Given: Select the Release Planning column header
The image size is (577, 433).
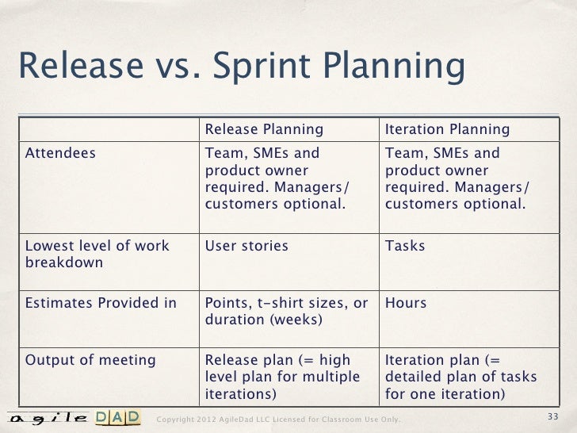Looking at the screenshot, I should (264, 129).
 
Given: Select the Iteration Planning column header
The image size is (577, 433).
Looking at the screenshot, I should (447, 129).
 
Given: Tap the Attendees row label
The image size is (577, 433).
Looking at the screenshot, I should (61, 153).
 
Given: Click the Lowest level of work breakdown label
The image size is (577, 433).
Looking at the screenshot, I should (97, 254).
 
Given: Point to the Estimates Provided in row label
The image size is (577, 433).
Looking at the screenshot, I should (101, 303).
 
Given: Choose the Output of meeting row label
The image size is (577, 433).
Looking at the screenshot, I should (90, 360).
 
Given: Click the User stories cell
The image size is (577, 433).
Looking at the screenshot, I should (246, 246).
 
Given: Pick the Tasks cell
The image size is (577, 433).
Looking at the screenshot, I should (405, 246).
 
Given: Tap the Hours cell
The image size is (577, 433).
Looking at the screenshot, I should (406, 303).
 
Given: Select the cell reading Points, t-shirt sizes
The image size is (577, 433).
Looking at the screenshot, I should (286, 312).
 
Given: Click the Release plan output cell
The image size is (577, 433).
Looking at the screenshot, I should (282, 377).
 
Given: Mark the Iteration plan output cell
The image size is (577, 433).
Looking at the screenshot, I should (460, 377).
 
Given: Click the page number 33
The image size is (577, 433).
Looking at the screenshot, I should (553, 417).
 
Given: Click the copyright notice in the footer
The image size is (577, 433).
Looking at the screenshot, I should (279, 419).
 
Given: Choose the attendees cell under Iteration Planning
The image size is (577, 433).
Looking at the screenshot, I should (457, 178).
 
